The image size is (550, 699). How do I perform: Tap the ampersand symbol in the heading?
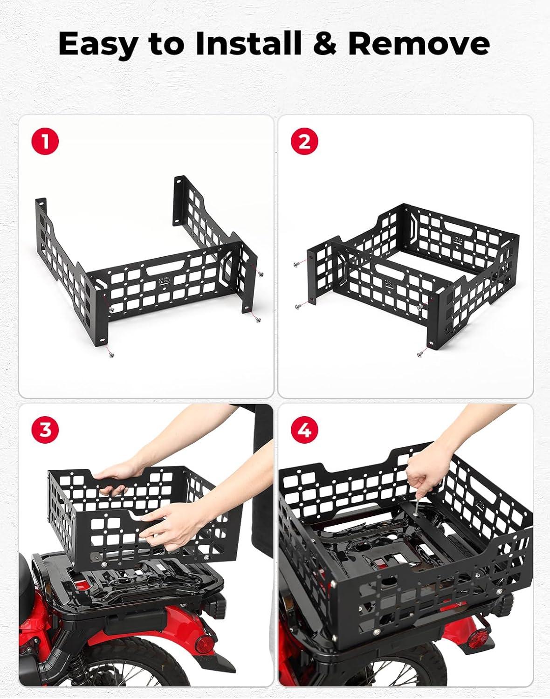pos(325,44)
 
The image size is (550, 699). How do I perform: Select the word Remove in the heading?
pos(419,44)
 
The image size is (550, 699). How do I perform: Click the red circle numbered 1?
pos(45,142)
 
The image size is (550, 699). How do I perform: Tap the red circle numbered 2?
pos(304,142)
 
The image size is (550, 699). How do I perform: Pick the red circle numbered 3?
pos(45,429)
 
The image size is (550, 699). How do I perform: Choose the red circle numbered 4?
pos(304,429)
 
